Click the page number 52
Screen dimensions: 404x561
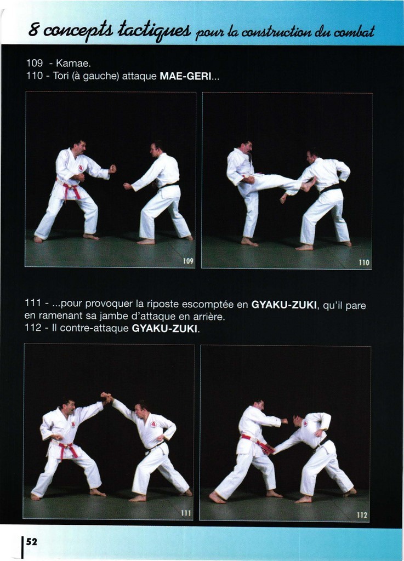(x=31, y=542)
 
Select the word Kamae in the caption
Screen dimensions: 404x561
(x=72, y=64)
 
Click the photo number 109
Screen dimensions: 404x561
(x=188, y=261)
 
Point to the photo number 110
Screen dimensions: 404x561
(x=364, y=262)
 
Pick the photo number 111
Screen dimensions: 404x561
(x=186, y=513)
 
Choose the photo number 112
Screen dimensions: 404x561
(x=362, y=515)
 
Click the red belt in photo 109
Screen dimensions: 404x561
(x=71, y=190)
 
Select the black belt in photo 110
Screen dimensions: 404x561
(x=330, y=188)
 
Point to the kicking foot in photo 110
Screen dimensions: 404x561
(x=309, y=184)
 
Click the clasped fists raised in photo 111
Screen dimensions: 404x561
(x=106, y=397)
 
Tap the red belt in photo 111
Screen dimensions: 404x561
(x=67, y=448)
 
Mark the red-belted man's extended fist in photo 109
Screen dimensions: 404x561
(x=112, y=169)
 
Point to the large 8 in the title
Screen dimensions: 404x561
(x=33, y=30)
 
